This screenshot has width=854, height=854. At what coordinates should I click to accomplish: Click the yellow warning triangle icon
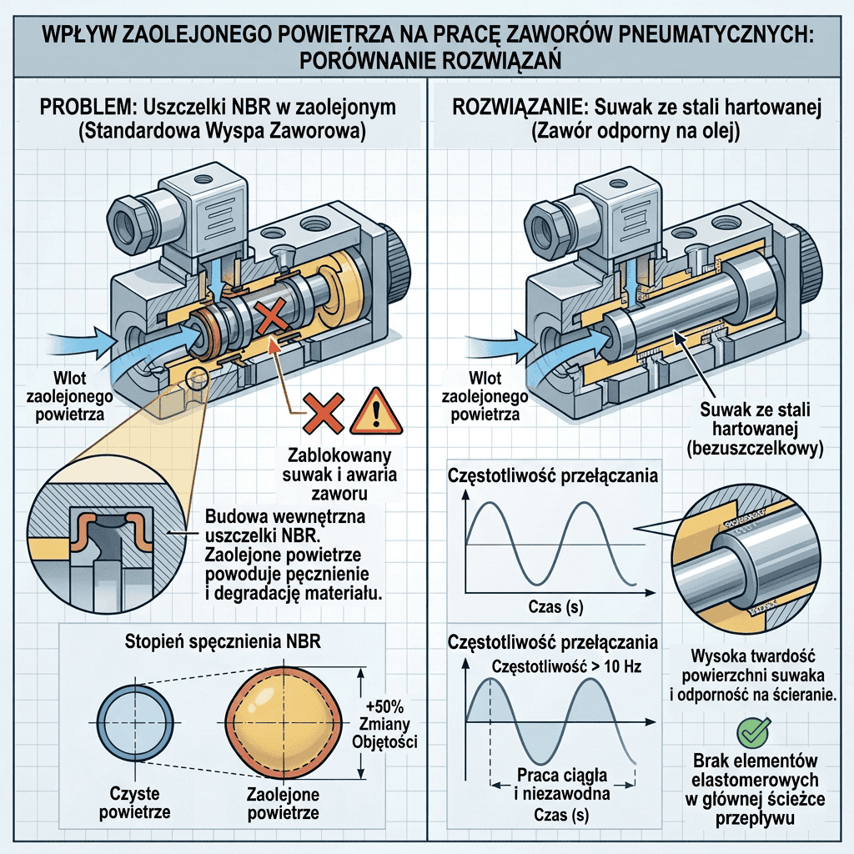pos(376,412)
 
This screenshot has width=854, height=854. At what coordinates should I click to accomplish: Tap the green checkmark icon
pos(754,732)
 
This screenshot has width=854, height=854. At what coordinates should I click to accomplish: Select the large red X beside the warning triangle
pos(324,414)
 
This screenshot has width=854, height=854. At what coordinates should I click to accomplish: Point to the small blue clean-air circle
pos(135,722)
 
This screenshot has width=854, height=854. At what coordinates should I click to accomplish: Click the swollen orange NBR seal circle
pos(283,723)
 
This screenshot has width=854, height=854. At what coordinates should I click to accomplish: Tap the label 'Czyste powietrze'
pos(134,802)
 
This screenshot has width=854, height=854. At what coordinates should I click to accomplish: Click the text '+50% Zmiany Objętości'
pos(384,724)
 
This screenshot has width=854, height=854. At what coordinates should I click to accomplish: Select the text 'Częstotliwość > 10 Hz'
pos(566,666)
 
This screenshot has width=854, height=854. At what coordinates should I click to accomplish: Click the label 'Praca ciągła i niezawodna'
pos(562,784)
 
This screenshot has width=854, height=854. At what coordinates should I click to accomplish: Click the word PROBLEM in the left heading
pos(86,107)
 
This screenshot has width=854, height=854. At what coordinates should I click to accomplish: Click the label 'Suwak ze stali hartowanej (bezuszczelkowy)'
pos(755,429)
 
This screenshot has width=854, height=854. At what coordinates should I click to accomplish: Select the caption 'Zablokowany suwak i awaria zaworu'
pos(340,475)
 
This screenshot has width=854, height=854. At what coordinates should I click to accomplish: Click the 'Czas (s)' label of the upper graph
pos(555,607)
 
